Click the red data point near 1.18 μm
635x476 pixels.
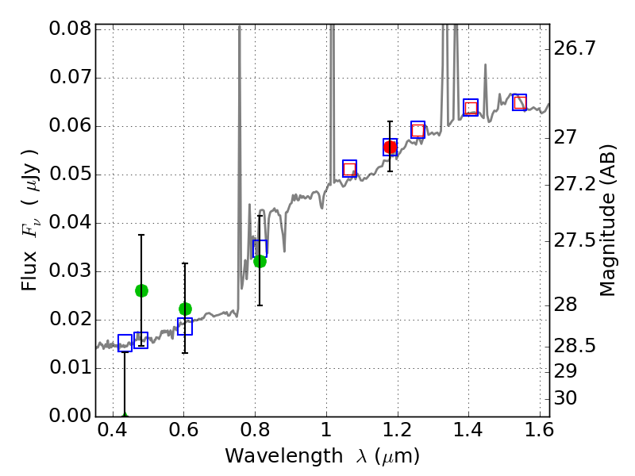[x=390, y=147]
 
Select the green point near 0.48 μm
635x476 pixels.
[x=141, y=290]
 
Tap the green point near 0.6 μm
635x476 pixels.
[x=185, y=309]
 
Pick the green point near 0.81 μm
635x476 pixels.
[x=260, y=261]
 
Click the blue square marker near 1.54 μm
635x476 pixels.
[x=519, y=102]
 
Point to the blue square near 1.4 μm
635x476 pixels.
[x=471, y=107]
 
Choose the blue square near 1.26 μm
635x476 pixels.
[x=418, y=129]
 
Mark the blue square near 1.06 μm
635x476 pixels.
[x=349, y=168]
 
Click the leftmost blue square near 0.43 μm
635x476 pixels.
[x=125, y=343]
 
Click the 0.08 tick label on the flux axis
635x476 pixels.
[x=69, y=29]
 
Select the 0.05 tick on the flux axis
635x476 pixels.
[x=69, y=175]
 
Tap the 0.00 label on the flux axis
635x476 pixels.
[x=69, y=416]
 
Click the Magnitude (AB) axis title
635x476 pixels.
[x=608, y=221]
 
